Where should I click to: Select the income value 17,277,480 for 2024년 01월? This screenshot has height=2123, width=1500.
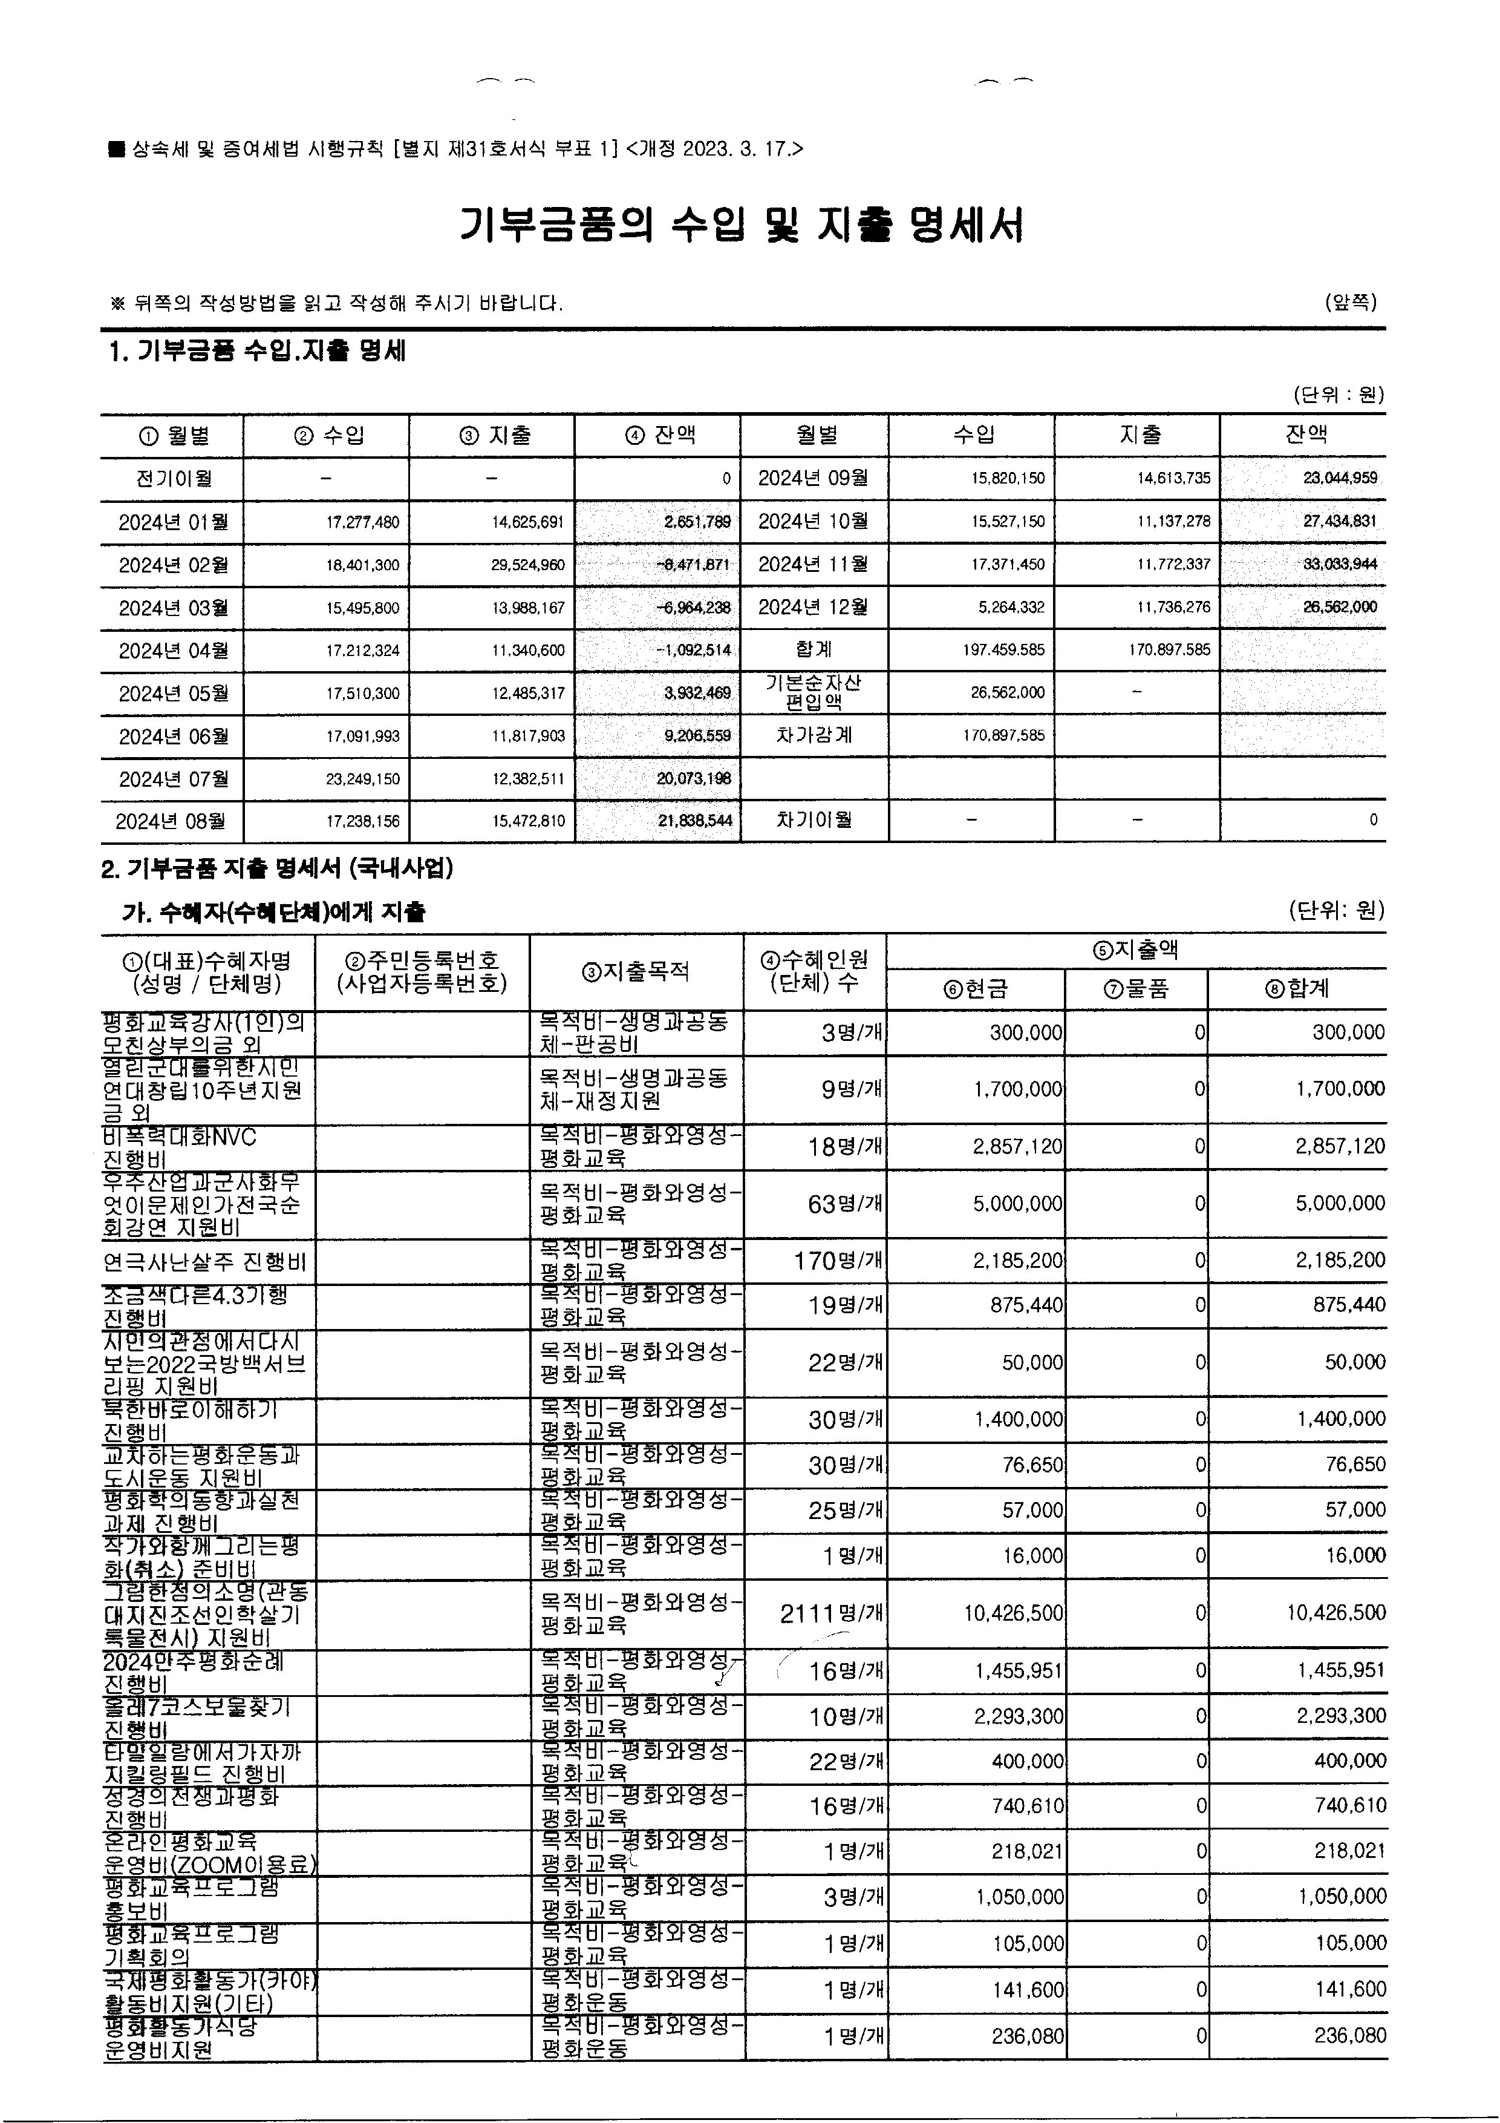[x=362, y=522]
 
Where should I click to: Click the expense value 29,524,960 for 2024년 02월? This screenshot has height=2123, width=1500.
[x=528, y=565]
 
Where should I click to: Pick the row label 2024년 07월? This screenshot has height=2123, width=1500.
[x=173, y=778]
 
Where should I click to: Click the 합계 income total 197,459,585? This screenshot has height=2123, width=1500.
[x=1003, y=650]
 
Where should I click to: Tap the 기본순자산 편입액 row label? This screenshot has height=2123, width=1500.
[x=814, y=692]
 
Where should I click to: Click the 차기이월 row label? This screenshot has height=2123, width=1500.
[x=814, y=820]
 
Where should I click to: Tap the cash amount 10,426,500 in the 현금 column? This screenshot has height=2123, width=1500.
[x=1013, y=1613]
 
